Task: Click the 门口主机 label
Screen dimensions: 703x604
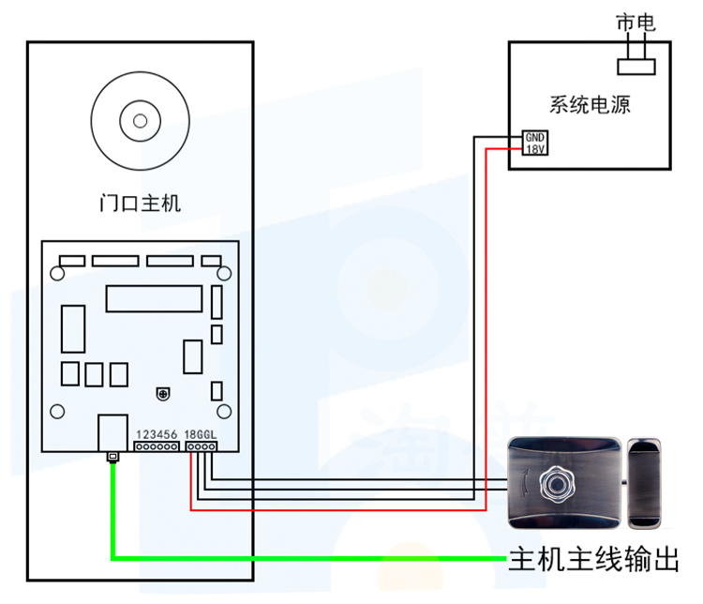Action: tap(140, 203)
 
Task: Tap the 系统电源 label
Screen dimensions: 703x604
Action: tap(590, 104)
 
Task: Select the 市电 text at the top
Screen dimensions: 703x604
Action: tap(636, 23)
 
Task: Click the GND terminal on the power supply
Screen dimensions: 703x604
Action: tap(535, 137)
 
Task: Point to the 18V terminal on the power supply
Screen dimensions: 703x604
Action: tap(535, 149)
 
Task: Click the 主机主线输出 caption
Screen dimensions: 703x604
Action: tap(593, 559)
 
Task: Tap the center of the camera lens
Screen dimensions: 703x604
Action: tap(141, 121)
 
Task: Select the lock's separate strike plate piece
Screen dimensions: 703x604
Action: tap(644, 483)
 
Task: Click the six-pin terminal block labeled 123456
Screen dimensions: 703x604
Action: tap(157, 446)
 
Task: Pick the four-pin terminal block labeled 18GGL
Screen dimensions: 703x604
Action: tap(202, 446)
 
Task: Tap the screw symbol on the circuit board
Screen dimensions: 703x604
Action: tap(163, 394)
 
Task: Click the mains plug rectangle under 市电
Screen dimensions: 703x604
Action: tap(636, 67)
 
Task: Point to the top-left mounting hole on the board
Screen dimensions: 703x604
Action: tap(57, 273)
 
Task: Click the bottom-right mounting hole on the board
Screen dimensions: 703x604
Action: tap(224, 411)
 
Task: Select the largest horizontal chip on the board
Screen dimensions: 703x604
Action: tap(155, 299)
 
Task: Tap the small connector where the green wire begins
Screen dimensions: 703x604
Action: tap(113, 457)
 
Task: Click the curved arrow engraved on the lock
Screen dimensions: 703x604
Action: tap(525, 483)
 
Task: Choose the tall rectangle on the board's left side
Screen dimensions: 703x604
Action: tap(73, 329)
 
